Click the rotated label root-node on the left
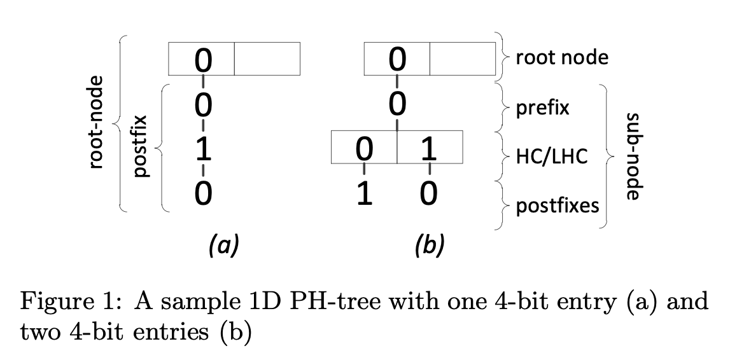pyautogui.click(x=96, y=121)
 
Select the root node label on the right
pyautogui.click(x=561, y=58)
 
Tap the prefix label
pyautogui.click(x=542, y=108)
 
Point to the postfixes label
pyautogui.click(x=556, y=205)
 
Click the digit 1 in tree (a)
pyautogui.click(x=202, y=149)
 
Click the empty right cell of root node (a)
pyautogui.click(x=267, y=59)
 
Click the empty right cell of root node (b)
pyautogui.click(x=463, y=59)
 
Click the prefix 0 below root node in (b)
pyautogui.click(x=397, y=104)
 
